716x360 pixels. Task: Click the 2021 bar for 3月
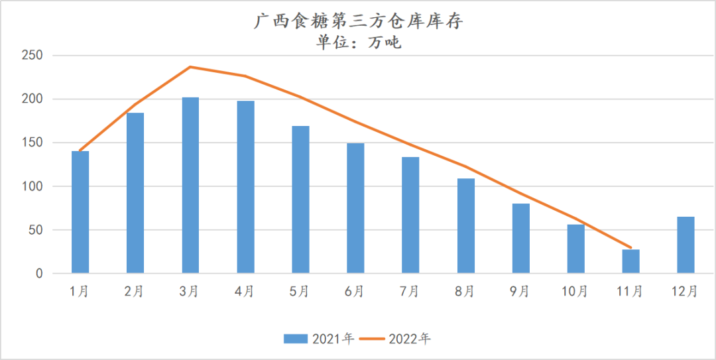190,186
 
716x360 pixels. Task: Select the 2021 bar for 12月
686,245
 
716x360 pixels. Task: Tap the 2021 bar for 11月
630,261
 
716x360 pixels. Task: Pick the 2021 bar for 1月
80,212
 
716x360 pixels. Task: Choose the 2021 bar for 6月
355,208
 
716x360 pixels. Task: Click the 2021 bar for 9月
520,239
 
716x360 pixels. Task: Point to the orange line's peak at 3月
190,67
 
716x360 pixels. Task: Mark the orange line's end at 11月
630,248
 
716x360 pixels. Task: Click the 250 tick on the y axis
31,56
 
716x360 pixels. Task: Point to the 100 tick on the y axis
31,186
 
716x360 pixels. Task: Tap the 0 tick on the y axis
39,274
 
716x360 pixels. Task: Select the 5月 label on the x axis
300,291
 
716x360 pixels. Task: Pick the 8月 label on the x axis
465,291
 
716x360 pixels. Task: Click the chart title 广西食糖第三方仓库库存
358,22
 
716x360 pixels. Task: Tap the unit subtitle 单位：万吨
358,43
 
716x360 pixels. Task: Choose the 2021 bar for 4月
245,187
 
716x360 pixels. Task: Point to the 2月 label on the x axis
135,291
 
